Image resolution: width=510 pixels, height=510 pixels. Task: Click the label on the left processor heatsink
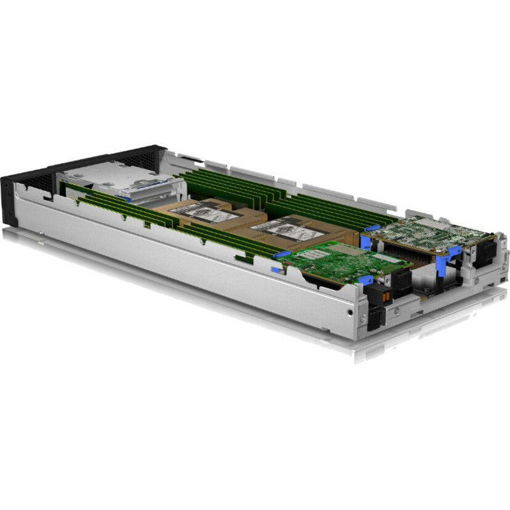coord(204,211)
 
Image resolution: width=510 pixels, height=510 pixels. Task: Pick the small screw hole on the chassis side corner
coord(350,312)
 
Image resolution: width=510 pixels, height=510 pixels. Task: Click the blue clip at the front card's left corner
coord(282,254)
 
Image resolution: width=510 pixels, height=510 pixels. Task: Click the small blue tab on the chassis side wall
coord(275,269)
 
